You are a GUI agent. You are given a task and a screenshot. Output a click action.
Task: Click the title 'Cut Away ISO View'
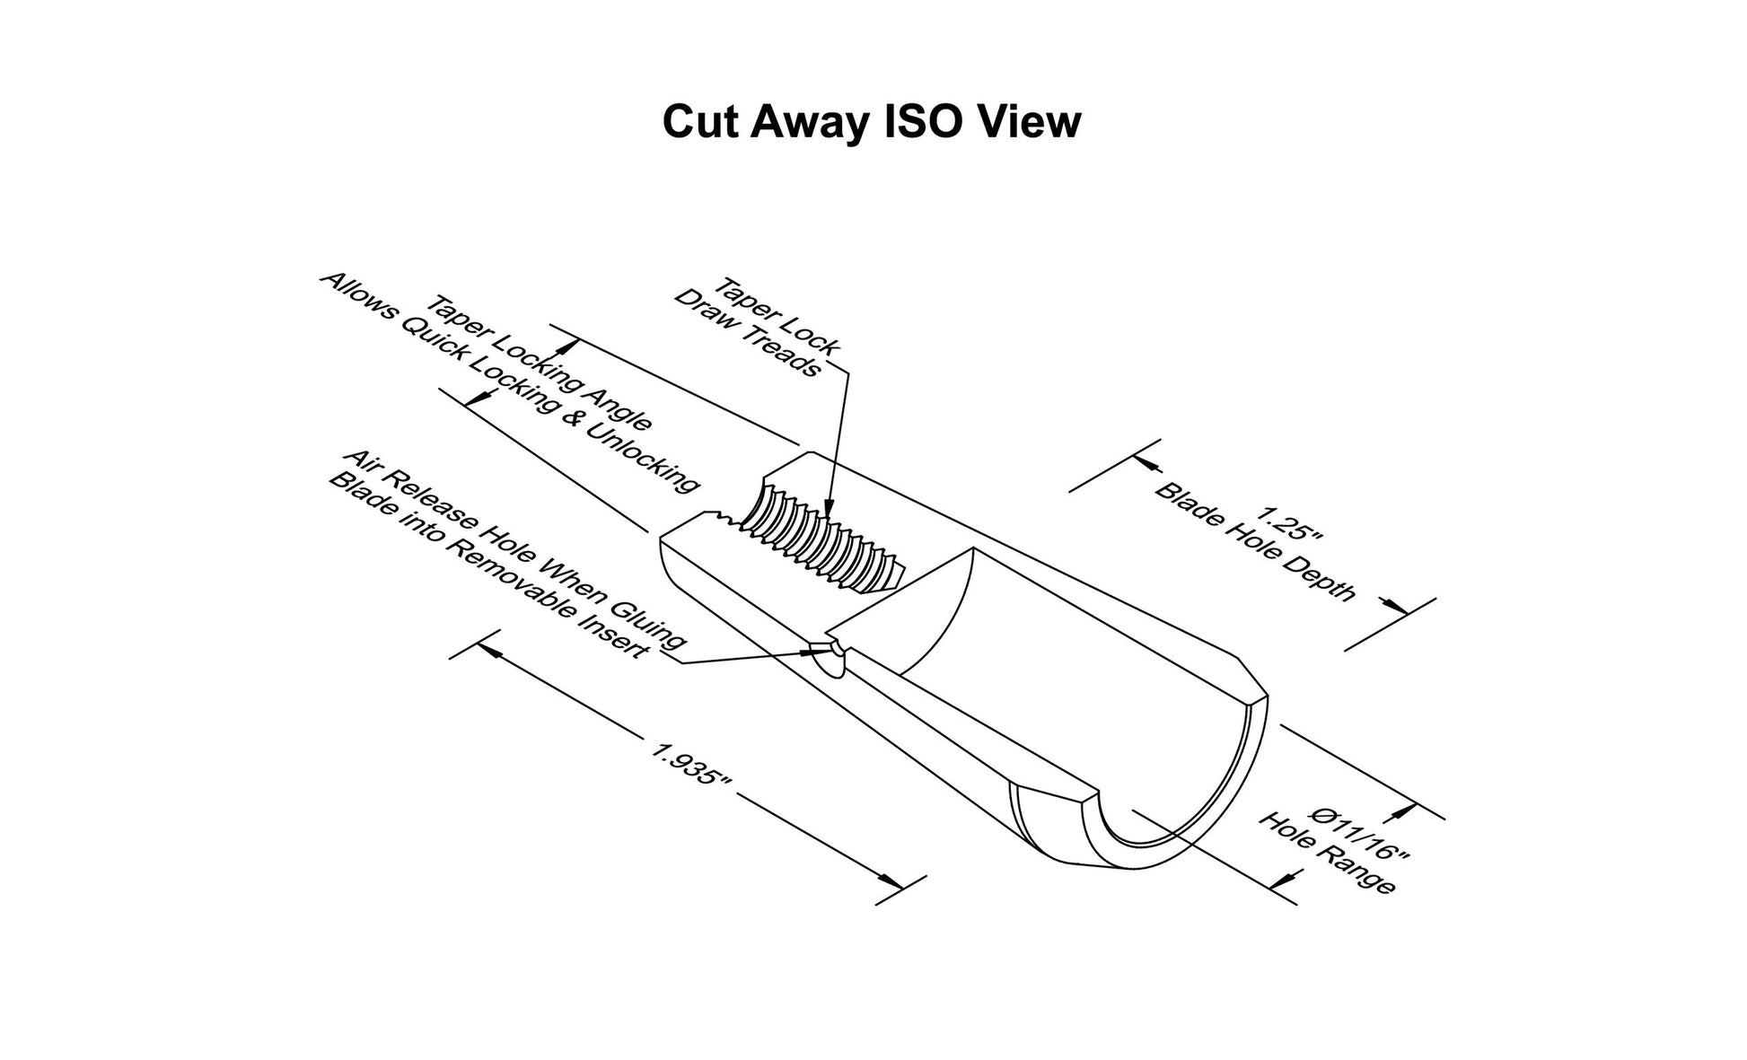coord(872,121)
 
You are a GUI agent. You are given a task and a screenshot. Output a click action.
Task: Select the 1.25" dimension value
coord(1289,528)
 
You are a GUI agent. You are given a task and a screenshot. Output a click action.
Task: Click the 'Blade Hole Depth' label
coord(1255,543)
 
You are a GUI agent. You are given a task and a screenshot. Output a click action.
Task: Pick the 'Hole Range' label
coord(1328,853)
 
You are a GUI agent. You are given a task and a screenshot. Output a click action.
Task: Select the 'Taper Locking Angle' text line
coord(540,364)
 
